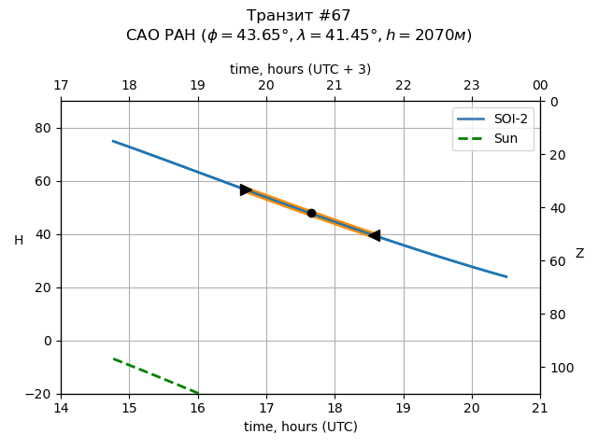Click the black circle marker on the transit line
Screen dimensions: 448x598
pyautogui.click(x=311, y=213)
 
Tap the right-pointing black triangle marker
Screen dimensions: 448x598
pyautogui.click(x=246, y=189)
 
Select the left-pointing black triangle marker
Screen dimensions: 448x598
pyautogui.click(x=375, y=235)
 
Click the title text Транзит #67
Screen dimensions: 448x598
pyautogui.click(x=299, y=16)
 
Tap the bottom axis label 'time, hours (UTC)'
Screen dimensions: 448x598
pyautogui.click(x=300, y=427)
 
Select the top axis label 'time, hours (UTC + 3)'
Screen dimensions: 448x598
pyautogui.click(x=300, y=69)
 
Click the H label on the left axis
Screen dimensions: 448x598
pyautogui.click(x=19, y=241)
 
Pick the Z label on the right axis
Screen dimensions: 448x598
pyautogui.click(x=579, y=254)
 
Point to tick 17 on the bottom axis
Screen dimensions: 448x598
pyautogui.click(x=266, y=408)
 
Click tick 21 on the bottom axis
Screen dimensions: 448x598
pyautogui.click(x=540, y=408)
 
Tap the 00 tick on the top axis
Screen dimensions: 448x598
pyautogui.click(x=540, y=86)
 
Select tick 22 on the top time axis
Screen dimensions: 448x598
pyautogui.click(x=404, y=86)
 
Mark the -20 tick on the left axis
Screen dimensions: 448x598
pyautogui.click(x=40, y=394)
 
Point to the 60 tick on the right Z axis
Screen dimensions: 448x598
pyautogui.click(x=554, y=261)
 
